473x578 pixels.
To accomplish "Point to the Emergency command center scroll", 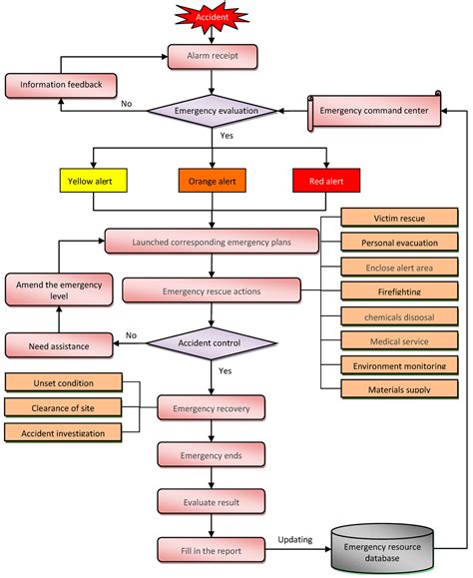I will point(375,111).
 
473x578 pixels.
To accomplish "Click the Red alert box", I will point(326,182).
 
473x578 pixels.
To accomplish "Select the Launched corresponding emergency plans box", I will point(212,241).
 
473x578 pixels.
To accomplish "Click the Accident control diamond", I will point(212,344).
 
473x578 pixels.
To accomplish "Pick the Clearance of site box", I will point(68,406).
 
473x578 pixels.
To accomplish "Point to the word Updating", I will point(294,540).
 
